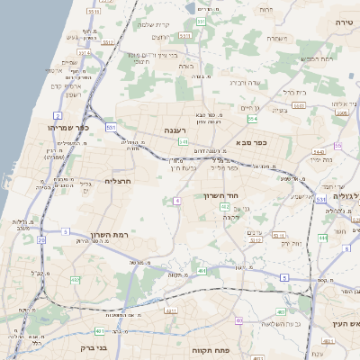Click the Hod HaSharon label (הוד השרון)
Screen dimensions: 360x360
pos(244,196)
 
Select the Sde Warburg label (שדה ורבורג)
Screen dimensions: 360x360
pos(246,82)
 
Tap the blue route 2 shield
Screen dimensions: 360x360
pos(58,116)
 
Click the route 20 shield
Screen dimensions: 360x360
pos(41,240)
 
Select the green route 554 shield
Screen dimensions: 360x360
pos(253,118)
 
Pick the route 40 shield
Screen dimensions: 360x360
pos(238,320)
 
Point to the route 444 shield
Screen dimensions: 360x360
pos(321,238)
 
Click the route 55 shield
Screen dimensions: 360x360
pos(337,145)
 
